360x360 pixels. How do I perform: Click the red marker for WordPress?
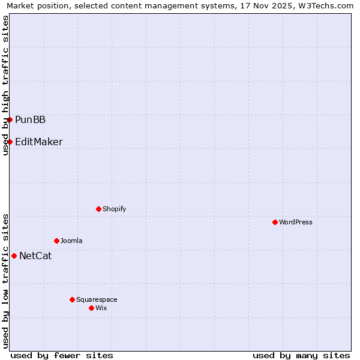tap(275, 222)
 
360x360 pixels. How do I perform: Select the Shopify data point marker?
tap(98, 209)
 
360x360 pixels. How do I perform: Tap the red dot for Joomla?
tap(56, 241)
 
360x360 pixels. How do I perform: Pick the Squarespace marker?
tap(72, 299)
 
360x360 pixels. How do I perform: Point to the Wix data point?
tap(91, 308)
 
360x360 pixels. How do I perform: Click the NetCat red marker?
tap(14, 256)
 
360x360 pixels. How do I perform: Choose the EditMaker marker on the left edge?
tap(10, 142)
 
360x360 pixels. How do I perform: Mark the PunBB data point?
tap(10, 119)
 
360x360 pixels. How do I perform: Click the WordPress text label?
tap(296, 222)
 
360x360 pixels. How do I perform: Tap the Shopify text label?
tap(114, 209)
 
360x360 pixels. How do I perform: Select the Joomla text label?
tap(71, 241)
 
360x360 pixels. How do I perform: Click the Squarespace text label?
tap(97, 299)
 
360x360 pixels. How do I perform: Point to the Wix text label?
tap(101, 308)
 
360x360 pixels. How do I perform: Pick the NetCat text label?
tap(35, 256)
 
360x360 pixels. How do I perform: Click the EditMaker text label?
tap(39, 142)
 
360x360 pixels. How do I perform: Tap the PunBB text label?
tap(30, 120)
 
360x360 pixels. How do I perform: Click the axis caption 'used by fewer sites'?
tap(62, 355)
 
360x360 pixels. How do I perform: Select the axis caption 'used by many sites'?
tap(301, 355)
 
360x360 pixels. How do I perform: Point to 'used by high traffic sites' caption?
tap(5, 85)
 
